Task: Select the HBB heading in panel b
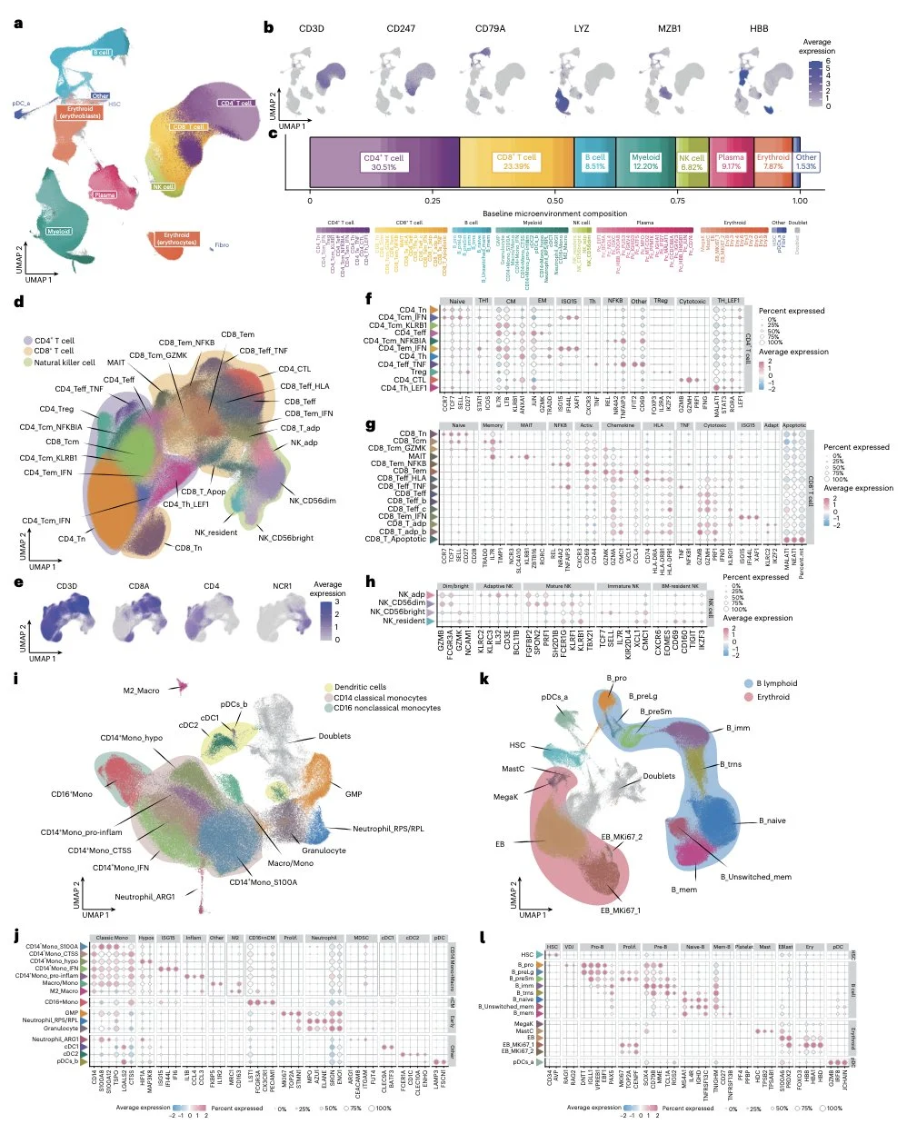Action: point(759,28)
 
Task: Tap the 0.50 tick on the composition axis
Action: point(555,201)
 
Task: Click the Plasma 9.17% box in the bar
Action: point(731,162)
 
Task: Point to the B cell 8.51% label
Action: point(595,162)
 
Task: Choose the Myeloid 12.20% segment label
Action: point(645,162)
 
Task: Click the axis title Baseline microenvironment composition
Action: point(554,214)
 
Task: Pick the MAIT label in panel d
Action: point(116,363)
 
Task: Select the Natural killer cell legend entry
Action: point(64,363)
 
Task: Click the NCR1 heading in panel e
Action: point(283,586)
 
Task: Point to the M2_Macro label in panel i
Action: point(141,691)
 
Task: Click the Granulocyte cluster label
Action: point(324,850)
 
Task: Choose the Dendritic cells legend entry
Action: point(360,687)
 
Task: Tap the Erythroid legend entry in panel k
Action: point(772,697)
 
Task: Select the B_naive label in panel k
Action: point(772,821)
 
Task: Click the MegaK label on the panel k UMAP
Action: point(506,797)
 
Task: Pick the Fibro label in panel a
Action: point(222,245)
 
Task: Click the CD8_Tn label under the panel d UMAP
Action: point(188,548)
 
